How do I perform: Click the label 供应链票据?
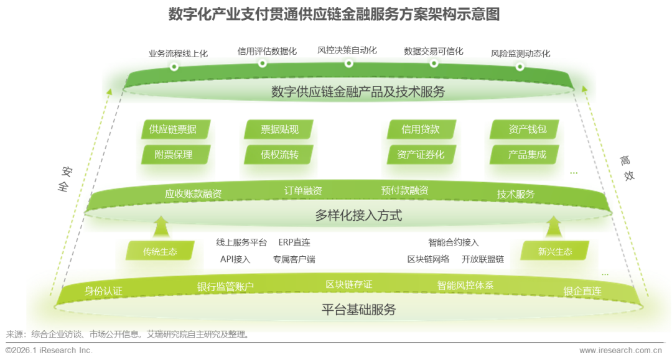pos(172,129)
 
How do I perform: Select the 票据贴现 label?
pos(279,129)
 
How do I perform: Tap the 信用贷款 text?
pos(420,129)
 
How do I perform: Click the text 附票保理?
pos(173,154)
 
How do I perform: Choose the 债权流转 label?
pos(279,154)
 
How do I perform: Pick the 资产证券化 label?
pos(421,154)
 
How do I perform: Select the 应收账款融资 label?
pos(193,193)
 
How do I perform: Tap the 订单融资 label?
pos(303,191)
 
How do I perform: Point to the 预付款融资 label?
pos(404,191)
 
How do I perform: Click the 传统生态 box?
pos(160,252)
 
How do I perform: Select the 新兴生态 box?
pos(554,252)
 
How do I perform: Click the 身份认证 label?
pos(103,290)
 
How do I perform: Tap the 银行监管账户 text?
pos(225,287)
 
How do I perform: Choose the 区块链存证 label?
pos(348,284)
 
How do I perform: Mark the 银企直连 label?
pos(582,290)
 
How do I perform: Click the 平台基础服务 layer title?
pos(358,310)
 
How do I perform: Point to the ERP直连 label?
pos(294,242)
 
